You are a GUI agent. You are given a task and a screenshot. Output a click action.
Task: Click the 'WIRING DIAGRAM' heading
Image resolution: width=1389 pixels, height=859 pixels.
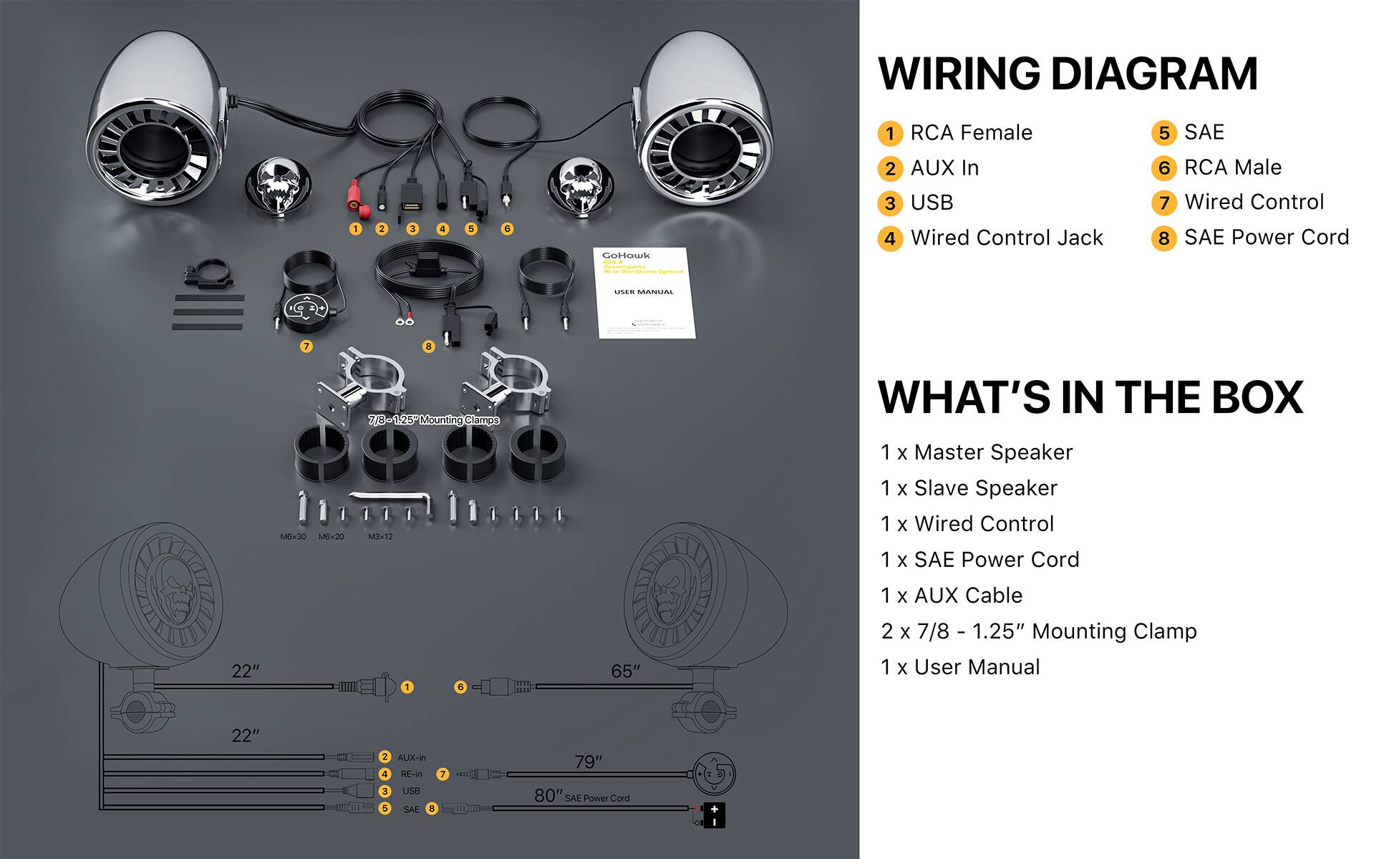coord(1068,74)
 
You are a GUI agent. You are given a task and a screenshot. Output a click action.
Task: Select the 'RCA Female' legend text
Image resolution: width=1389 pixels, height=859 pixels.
coord(971,133)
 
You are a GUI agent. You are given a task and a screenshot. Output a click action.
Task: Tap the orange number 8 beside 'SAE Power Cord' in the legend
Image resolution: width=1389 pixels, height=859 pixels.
coord(1163,238)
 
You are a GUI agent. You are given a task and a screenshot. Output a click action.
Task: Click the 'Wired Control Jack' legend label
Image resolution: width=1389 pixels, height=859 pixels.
coord(1006,238)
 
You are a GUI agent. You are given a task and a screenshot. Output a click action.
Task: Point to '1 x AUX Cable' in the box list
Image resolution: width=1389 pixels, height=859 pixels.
coord(952,596)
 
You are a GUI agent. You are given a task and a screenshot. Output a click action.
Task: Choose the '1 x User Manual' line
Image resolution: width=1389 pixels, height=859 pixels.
coord(960,667)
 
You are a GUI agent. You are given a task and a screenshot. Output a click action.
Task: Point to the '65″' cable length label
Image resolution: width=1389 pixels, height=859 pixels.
coord(625,671)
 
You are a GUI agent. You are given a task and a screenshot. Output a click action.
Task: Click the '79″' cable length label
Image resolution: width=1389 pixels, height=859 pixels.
coord(589,762)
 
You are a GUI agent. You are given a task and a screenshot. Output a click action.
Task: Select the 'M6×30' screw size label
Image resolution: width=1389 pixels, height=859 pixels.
coord(293,537)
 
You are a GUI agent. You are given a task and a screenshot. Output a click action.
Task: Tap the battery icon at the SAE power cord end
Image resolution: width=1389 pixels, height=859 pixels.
coord(713,815)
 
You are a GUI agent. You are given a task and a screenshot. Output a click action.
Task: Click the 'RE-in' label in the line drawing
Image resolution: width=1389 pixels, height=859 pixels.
coord(411,775)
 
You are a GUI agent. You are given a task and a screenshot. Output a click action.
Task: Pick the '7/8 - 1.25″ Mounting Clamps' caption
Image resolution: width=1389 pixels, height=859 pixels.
coord(434,420)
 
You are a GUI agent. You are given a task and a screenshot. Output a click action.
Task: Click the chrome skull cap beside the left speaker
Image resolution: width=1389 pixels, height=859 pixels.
coord(278,186)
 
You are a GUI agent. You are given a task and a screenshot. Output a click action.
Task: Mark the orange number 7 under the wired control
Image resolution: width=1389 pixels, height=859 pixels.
coord(306,346)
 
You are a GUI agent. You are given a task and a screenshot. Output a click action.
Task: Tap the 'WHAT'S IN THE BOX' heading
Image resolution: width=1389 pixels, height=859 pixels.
coord(1090,397)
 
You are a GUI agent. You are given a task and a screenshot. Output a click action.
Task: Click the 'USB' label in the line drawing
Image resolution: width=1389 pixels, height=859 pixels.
coord(411,791)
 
